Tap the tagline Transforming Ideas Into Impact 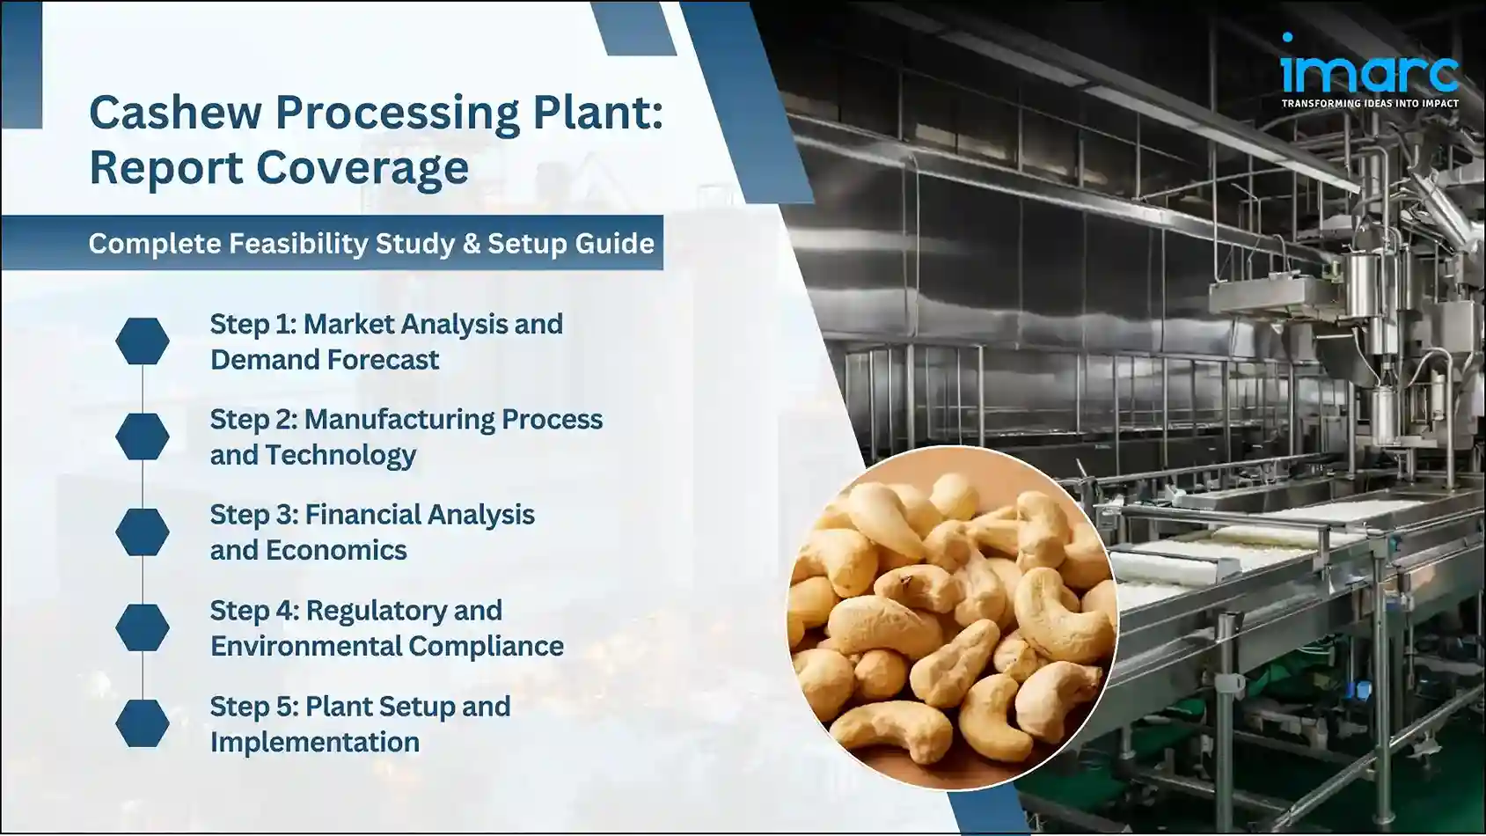pyautogui.click(x=1369, y=104)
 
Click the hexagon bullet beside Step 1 pyautogui.click(x=143, y=341)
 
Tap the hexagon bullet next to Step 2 pyautogui.click(x=143, y=436)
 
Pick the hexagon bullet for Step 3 pyautogui.click(x=143, y=532)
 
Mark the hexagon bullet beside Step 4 pyautogui.click(x=143, y=627)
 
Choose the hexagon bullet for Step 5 pyautogui.click(x=143, y=723)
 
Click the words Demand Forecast pyautogui.click(x=324, y=360)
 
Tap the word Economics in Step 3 pyautogui.click(x=336, y=550)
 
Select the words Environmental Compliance pyautogui.click(x=386, y=646)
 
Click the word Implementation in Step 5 pyautogui.click(x=314, y=742)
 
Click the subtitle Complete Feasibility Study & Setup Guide pyautogui.click(x=370, y=243)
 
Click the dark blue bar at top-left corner pyautogui.click(x=21, y=65)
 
